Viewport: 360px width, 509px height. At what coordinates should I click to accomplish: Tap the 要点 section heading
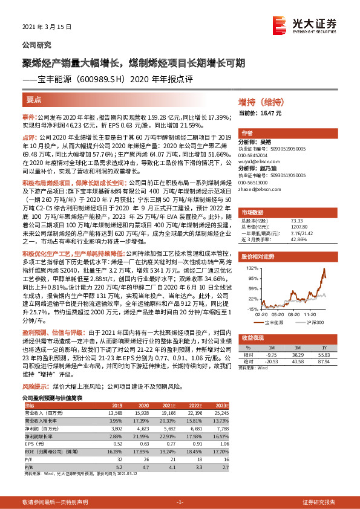tap(34, 99)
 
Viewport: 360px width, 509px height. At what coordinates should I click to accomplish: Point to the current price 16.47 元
tap(261, 112)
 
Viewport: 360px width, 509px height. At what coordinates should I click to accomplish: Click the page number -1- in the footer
tap(179, 502)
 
